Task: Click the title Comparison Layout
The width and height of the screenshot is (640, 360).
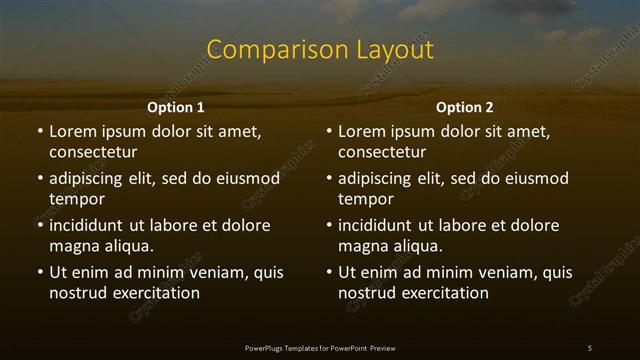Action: [x=320, y=50]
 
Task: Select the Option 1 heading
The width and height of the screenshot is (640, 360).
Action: [x=176, y=107]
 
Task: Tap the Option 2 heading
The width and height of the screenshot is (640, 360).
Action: [x=464, y=107]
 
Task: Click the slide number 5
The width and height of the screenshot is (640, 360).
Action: [x=590, y=347]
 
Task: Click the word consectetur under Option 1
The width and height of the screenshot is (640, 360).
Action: [x=93, y=153]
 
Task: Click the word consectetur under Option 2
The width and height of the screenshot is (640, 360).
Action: [x=382, y=153]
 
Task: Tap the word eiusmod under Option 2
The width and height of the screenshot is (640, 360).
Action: [x=534, y=179]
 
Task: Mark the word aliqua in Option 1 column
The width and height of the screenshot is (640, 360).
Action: [x=127, y=246]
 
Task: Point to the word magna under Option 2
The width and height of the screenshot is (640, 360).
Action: [x=362, y=246]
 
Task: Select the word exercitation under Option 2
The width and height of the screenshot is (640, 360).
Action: [x=444, y=293]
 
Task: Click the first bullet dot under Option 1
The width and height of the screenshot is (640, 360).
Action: [x=39, y=132]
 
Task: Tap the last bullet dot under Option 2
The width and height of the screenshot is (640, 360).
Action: [x=328, y=272]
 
